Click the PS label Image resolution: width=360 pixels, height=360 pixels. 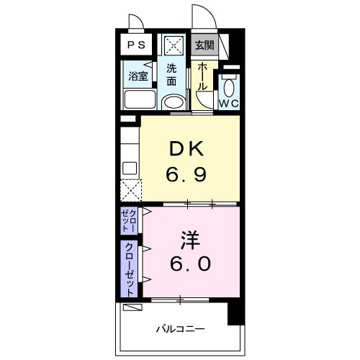136,45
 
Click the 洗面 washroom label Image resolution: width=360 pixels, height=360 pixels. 172,75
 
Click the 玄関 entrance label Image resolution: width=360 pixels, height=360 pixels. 204,45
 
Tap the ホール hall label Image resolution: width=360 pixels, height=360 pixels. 203,75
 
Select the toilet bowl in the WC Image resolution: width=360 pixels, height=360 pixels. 229,88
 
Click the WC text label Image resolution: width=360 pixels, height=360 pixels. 228,104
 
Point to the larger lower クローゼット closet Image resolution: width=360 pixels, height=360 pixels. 130,269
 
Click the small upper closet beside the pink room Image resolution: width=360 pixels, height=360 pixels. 129,220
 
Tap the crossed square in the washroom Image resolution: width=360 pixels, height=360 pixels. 173,45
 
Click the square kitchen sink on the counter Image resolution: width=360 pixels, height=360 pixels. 130,168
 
